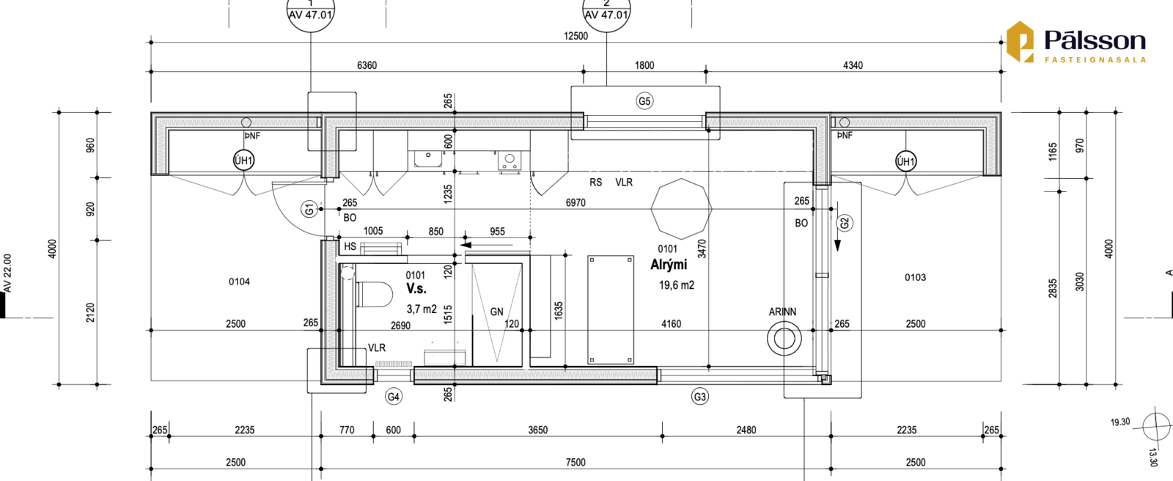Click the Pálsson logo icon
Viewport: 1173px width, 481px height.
tap(1020, 42)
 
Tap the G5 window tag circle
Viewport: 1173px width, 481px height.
tap(644, 101)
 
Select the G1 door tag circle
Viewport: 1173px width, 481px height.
tap(309, 210)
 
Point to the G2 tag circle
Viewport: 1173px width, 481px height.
tap(845, 223)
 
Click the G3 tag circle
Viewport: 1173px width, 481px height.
tap(700, 397)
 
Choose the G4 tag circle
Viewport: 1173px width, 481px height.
tap(393, 397)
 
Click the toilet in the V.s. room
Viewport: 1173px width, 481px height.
tap(374, 294)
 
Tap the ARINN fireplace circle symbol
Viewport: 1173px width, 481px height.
tap(784, 339)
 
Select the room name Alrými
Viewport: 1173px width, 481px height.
tap(669, 265)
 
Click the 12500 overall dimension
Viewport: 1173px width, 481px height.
tap(576, 36)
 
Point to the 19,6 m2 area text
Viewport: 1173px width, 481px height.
tap(677, 285)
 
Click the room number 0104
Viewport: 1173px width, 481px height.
tap(239, 282)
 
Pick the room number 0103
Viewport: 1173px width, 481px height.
tap(916, 277)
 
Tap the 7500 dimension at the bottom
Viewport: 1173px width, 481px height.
tap(576, 463)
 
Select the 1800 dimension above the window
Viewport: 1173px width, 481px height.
tap(644, 65)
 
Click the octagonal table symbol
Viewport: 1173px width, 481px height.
tap(681, 208)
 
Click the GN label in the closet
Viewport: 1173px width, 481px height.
tap(496, 312)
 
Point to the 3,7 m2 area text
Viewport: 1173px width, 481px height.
tap(422, 309)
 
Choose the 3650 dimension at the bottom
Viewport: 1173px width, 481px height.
tap(538, 430)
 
